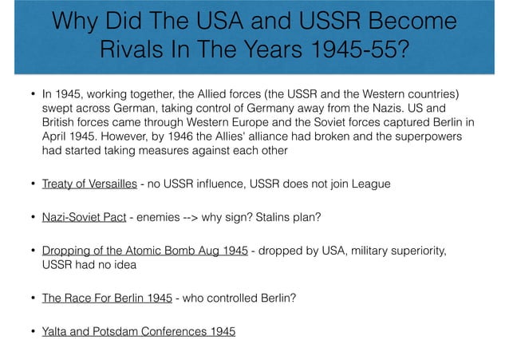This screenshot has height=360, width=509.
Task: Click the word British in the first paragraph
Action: tap(61, 125)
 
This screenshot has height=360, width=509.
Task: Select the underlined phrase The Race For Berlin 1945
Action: tap(107, 299)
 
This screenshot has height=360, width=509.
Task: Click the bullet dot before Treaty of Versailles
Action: tap(25, 185)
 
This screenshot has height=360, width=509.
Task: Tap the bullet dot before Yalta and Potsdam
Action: tap(25, 332)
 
